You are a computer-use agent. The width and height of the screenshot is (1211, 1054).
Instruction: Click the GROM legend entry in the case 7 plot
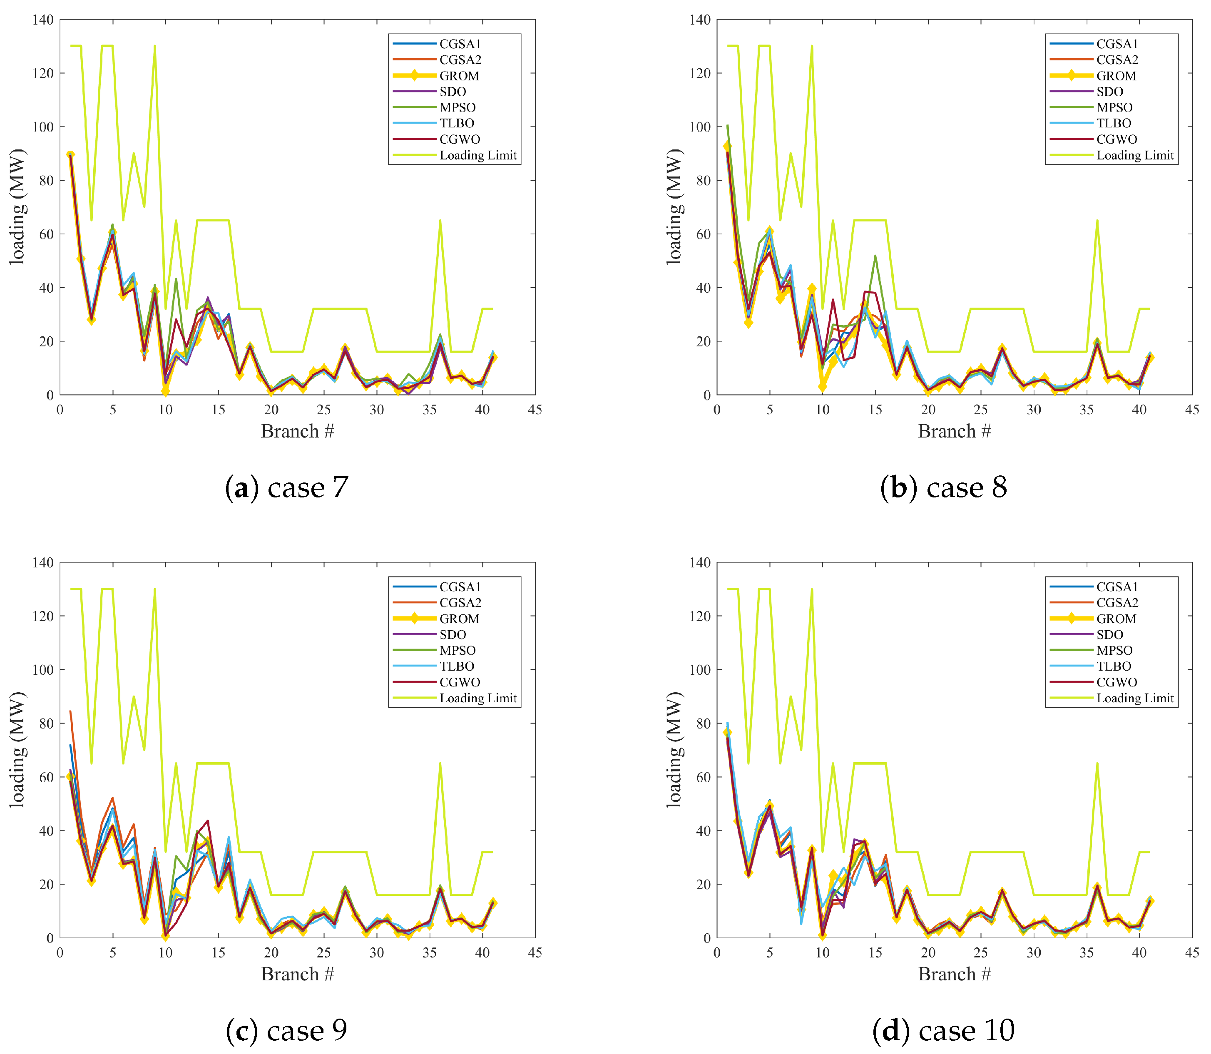tap(459, 76)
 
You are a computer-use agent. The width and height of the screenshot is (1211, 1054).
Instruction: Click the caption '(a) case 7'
tap(287, 487)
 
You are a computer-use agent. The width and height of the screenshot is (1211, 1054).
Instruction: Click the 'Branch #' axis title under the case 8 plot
tap(954, 431)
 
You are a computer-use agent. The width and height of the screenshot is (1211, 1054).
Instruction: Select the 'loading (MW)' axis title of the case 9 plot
tap(17, 750)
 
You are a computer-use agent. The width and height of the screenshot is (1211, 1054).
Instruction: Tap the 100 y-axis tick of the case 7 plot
tap(42, 127)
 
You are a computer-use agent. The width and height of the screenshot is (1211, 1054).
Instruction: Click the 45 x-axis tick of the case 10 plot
tap(1191, 953)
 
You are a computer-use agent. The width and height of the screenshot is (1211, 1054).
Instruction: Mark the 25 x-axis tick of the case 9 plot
tap(323, 953)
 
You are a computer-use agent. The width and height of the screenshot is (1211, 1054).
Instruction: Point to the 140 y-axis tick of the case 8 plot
tap(699, 20)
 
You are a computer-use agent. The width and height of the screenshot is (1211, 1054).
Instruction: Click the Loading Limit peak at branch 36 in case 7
tap(440, 221)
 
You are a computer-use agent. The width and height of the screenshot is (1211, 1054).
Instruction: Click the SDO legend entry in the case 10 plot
tap(1110, 635)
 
